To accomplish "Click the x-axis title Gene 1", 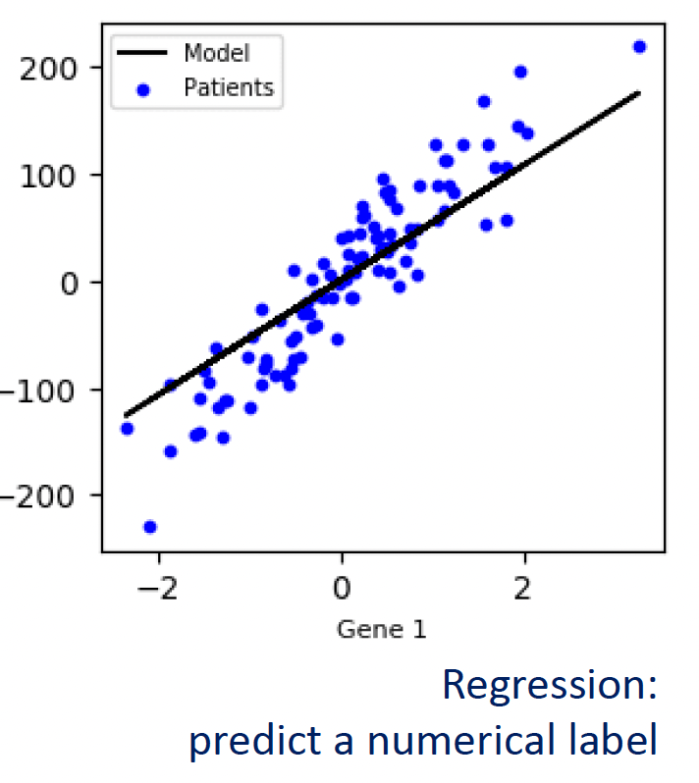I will [381, 629].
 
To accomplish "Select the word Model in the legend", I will [216, 53].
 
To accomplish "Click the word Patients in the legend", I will [229, 88].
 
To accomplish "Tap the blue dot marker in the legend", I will [143, 89].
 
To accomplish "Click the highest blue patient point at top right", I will [639, 46].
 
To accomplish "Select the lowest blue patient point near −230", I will [150, 527].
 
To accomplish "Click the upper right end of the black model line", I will [639, 93].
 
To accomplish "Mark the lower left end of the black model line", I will [126, 415].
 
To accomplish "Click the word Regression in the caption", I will [549, 685].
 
